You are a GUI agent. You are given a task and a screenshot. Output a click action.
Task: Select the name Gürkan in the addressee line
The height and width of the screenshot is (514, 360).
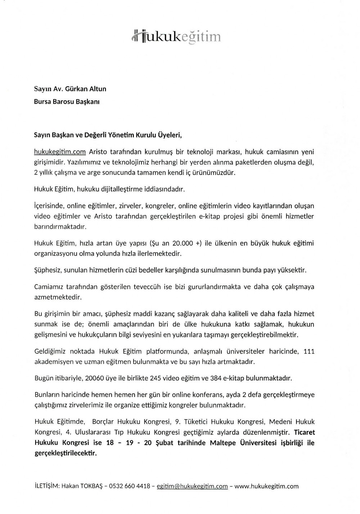(76, 89)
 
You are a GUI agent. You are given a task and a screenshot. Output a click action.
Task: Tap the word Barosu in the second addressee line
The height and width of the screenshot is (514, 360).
(67, 102)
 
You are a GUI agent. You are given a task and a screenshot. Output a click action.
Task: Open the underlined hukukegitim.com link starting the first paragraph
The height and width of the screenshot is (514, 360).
(60, 152)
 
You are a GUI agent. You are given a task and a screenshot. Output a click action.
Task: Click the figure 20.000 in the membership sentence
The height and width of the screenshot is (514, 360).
(181, 243)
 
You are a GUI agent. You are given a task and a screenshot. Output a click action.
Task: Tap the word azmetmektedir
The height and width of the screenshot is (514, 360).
(58, 297)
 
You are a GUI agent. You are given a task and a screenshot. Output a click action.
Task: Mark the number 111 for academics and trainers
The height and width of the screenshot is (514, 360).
(309, 351)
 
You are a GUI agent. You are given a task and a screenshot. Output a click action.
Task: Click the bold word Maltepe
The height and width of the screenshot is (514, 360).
(224, 443)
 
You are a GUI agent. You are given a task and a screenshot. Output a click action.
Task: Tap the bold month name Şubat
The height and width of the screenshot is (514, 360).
(164, 443)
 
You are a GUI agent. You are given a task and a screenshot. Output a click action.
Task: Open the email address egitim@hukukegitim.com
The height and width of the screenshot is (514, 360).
(192, 486)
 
